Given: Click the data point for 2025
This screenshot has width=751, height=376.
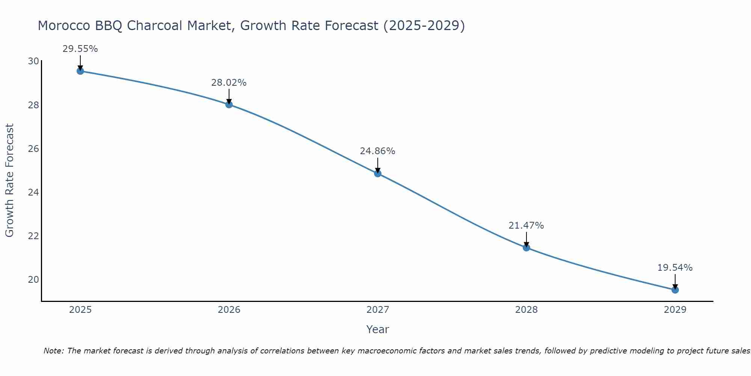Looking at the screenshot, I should [80, 71].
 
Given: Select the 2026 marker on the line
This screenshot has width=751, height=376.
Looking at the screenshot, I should [229, 105].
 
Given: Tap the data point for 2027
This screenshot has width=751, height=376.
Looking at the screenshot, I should [377, 173].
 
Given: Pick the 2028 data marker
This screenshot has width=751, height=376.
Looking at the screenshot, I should [526, 247].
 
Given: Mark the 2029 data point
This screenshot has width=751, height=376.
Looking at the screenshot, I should [675, 290].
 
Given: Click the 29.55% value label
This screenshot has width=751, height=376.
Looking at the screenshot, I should [80, 49].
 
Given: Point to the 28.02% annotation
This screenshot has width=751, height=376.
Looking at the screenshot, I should [229, 83].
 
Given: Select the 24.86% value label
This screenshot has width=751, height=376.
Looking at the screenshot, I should [377, 151].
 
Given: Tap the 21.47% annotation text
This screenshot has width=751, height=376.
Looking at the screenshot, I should [526, 226].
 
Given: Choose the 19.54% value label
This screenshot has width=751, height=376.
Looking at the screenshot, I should [675, 268].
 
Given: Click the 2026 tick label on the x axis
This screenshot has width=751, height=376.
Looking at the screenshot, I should [229, 310].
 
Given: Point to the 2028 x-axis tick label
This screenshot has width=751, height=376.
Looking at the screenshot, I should [526, 310].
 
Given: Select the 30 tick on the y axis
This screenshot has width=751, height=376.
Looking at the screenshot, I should [33, 61].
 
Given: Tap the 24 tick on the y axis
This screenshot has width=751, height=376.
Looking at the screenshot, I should [33, 193].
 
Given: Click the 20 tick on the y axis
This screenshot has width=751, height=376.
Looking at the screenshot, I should [33, 280].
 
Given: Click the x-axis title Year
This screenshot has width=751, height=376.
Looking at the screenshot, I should [377, 329].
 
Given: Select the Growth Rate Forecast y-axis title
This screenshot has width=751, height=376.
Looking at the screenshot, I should [9, 180].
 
